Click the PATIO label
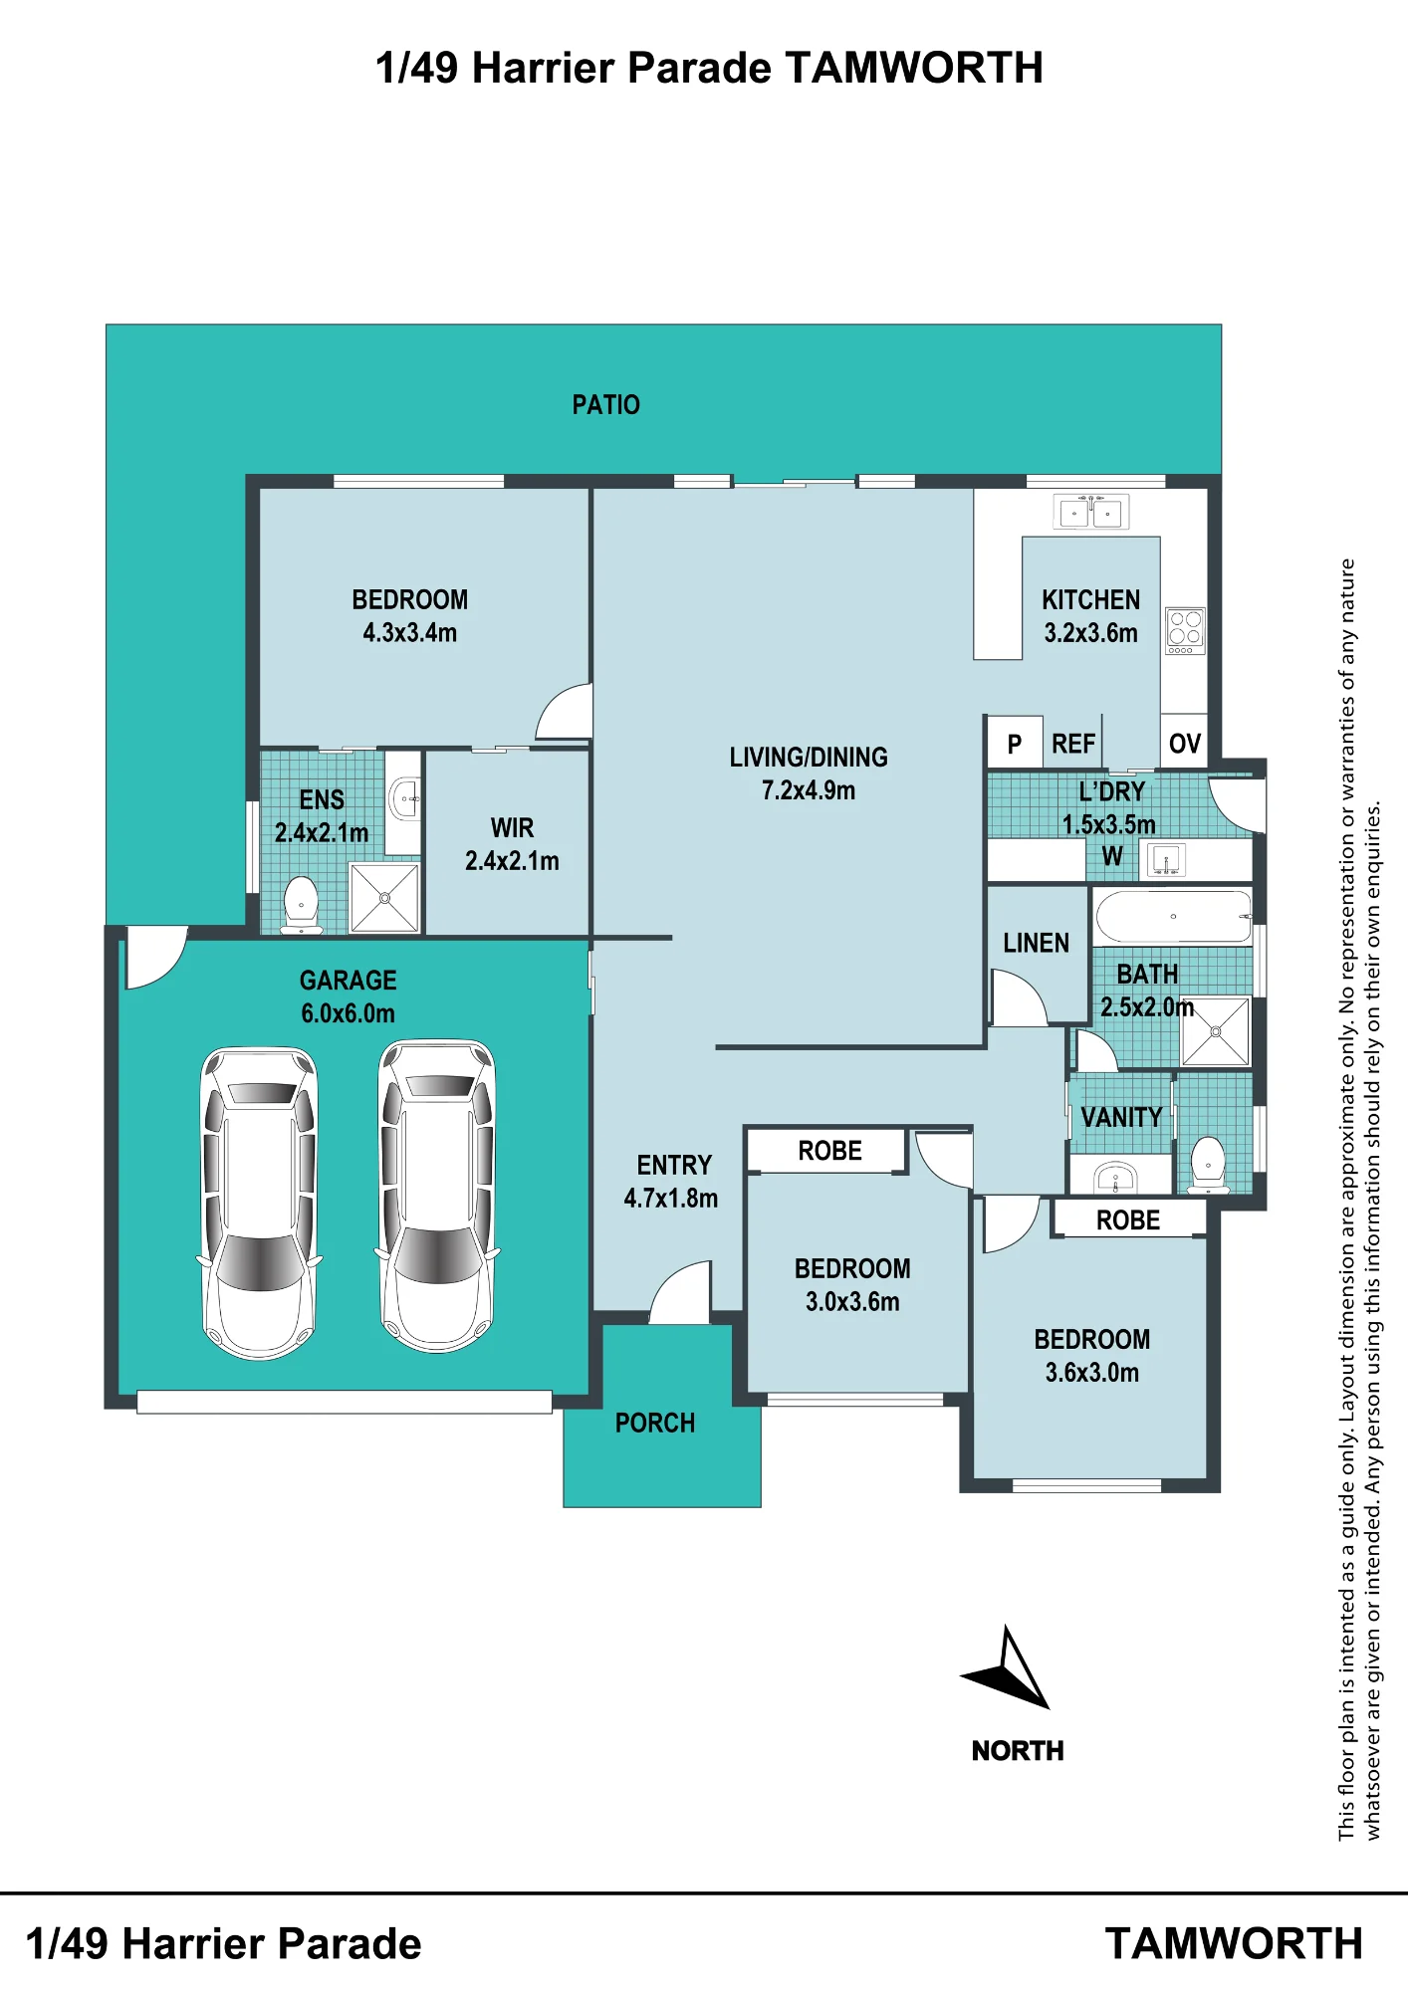click(605, 405)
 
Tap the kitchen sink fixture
click(1091, 512)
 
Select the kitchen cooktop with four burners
click(1185, 631)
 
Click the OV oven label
click(1185, 744)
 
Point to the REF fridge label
click(1073, 744)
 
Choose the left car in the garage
click(260, 1203)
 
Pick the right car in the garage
click(437, 1196)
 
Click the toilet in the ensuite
click(301, 904)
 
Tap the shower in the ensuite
click(384, 898)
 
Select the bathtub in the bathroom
click(1173, 916)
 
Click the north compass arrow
click(1007, 1668)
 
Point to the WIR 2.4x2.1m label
click(512, 844)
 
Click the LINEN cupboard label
click(1036, 943)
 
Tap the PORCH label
click(655, 1423)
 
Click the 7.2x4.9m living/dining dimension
click(809, 790)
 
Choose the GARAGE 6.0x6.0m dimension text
click(349, 1013)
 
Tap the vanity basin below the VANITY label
click(1115, 1179)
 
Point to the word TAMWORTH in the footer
click(1234, 1943)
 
